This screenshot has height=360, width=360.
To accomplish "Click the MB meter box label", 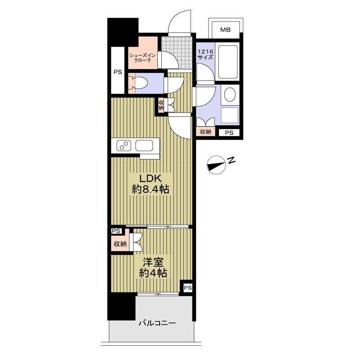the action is (x=225, y=30).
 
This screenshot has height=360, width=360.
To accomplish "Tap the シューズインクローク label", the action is (x=142, y=58).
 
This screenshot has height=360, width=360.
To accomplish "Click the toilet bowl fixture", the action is (x=140, y=83).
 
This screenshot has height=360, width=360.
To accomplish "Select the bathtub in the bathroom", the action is (x=228, y=62).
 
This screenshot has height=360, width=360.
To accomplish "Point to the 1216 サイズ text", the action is (x=205, y=54).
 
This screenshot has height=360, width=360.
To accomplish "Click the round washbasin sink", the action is (x=230, y=94).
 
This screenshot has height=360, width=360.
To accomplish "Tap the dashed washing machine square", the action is (x=230, y=115).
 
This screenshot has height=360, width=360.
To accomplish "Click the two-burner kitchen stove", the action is (x=124, y=146).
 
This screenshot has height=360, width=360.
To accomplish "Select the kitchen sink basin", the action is (x=144, y=146).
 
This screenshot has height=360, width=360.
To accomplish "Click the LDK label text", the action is (x=151, y=178).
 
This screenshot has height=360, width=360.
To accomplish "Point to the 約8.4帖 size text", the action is (x=151, y=189).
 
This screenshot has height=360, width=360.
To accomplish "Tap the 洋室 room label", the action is (x=153, y=262).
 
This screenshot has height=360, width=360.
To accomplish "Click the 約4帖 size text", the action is (x=153, y=273).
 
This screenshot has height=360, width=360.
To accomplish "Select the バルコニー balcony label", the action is (x=157, y=323).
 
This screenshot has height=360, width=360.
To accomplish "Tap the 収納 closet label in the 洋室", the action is (x=120, y=244).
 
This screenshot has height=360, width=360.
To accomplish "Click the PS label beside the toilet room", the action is (x=118, y=72).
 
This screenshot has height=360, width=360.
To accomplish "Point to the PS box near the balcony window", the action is (x=187, y=288).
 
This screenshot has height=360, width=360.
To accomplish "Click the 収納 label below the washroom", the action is (x=205, y=132).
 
